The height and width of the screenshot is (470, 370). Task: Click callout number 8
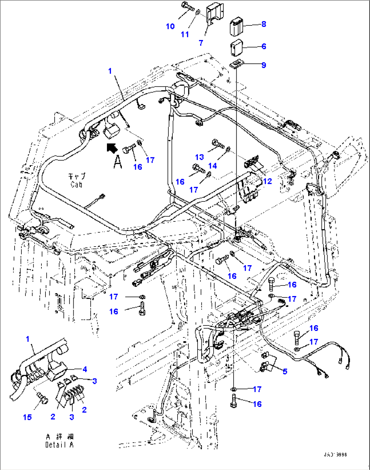click(x=264, y=24)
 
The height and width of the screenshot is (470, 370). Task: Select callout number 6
click(x=264, y=46)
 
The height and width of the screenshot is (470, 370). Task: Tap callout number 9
click(x=264, y=65)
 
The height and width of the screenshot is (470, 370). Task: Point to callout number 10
click(x=170, y=26)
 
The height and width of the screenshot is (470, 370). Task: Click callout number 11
click(x=185, y=34)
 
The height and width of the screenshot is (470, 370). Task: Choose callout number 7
click(x=201, y=43)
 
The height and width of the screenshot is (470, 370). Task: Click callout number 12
click(x=267, y=181)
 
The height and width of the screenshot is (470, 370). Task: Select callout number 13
click(x=200, y=157)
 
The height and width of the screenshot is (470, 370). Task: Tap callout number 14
click(x=212, y=165)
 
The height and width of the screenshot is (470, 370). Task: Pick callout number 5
click(x=285, y=372)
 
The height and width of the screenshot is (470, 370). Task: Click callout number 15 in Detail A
click(x=27, y=417)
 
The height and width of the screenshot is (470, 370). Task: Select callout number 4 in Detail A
click(x=85, y=369)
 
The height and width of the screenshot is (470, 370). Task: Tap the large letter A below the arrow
click(x=117, y=162)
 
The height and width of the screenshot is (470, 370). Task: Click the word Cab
click(x=76, y=185)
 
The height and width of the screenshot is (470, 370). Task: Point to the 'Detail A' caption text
click(x=59, y=445)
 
